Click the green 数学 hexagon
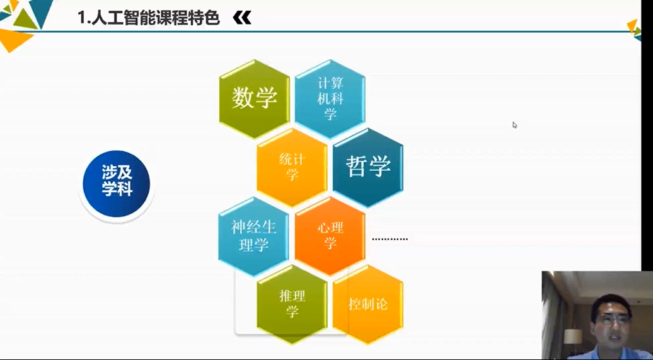[255, 99]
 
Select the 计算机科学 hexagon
[330, 99]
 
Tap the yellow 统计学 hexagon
[292, 167]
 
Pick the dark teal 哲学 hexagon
[368, 167]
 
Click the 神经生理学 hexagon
[253, 236]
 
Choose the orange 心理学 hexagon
[330, 236]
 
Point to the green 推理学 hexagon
[292, 304]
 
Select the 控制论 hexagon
[368, 304]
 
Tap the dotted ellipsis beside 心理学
[390, 239]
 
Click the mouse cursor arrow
[515, 125]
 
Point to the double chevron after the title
[242, 18]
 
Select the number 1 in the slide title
[82, 18]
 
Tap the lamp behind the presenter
[573, 338]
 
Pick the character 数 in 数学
[243, 98]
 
